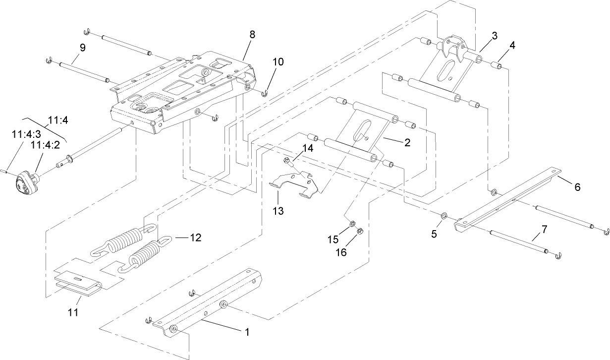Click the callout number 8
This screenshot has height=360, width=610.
pyautogui.click(x=252, y=35)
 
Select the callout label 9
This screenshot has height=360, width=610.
pyautogui.click(x=82, y=48)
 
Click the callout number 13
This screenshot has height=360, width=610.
pyautogui.click(x=278, y=211)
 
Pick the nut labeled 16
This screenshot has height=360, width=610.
pyautogui.click(x=361, y=231)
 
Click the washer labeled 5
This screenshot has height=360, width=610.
pyautogui.click(x=444, y=215)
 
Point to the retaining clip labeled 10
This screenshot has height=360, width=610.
pyautogui.click(x=266, y=92)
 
